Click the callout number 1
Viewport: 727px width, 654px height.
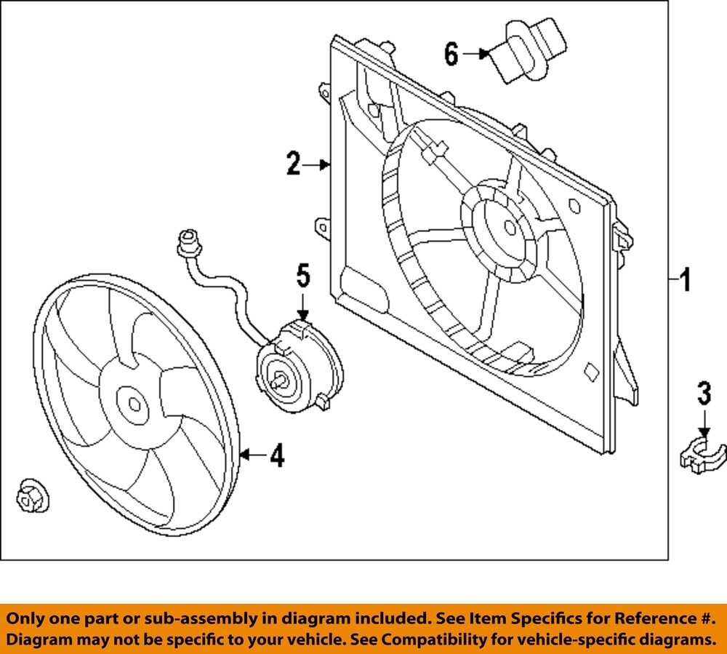coord(685,279)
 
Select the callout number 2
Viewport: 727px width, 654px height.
coord(294,163)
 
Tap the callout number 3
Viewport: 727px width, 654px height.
coord(704,393)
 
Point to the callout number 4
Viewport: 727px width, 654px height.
coord(277,455)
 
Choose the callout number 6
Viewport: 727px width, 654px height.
coord(451,54)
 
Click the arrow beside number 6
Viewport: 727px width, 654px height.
coord(476,54)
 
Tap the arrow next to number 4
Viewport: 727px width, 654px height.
coord(254,455)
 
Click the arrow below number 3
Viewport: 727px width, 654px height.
coord(704,423)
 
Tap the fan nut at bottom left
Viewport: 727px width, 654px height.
coord(31,497)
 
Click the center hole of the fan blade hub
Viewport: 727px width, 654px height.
coord(134,404)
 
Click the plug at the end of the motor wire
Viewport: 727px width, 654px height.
coord(190,243)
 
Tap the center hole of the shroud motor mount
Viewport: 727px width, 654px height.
coord(510,227)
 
